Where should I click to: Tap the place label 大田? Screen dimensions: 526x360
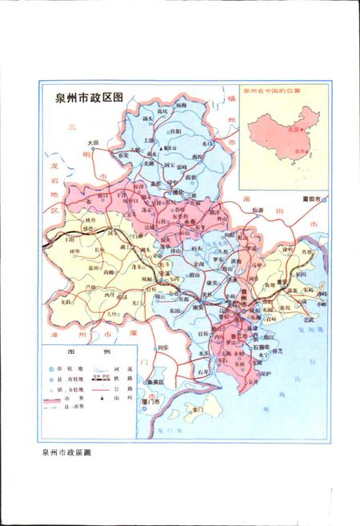[x=94, y=143]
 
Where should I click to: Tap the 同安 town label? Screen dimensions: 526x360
[x=164, y=347]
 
